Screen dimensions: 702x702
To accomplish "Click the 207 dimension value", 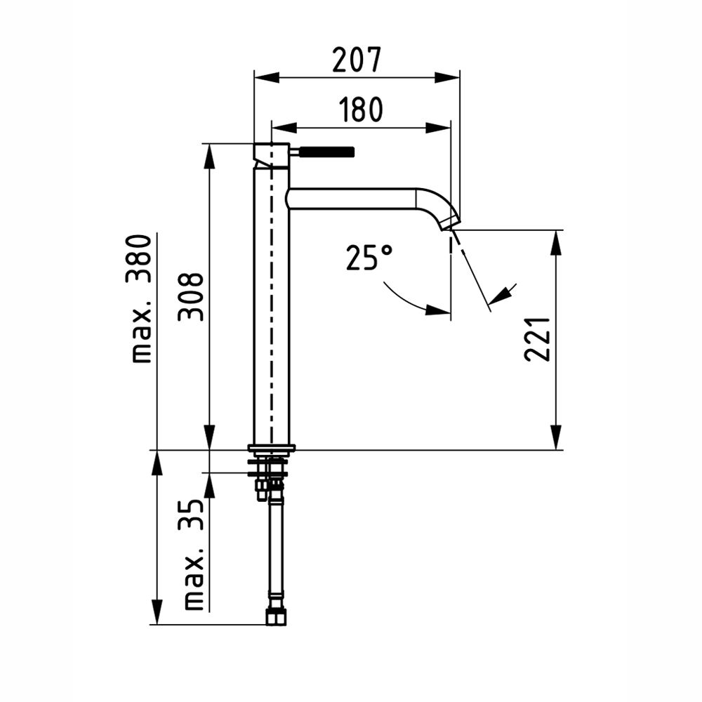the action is pos(357,60).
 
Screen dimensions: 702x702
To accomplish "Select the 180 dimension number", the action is pos(361,110).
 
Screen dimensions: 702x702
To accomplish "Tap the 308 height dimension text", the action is pos(191,297).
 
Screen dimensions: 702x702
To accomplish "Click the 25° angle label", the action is pos(369,258).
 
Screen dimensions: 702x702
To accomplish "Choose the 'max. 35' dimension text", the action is pos(194,555).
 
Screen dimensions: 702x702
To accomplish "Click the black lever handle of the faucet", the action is pos(327,152).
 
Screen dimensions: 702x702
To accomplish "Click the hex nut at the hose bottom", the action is pos(276,616).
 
